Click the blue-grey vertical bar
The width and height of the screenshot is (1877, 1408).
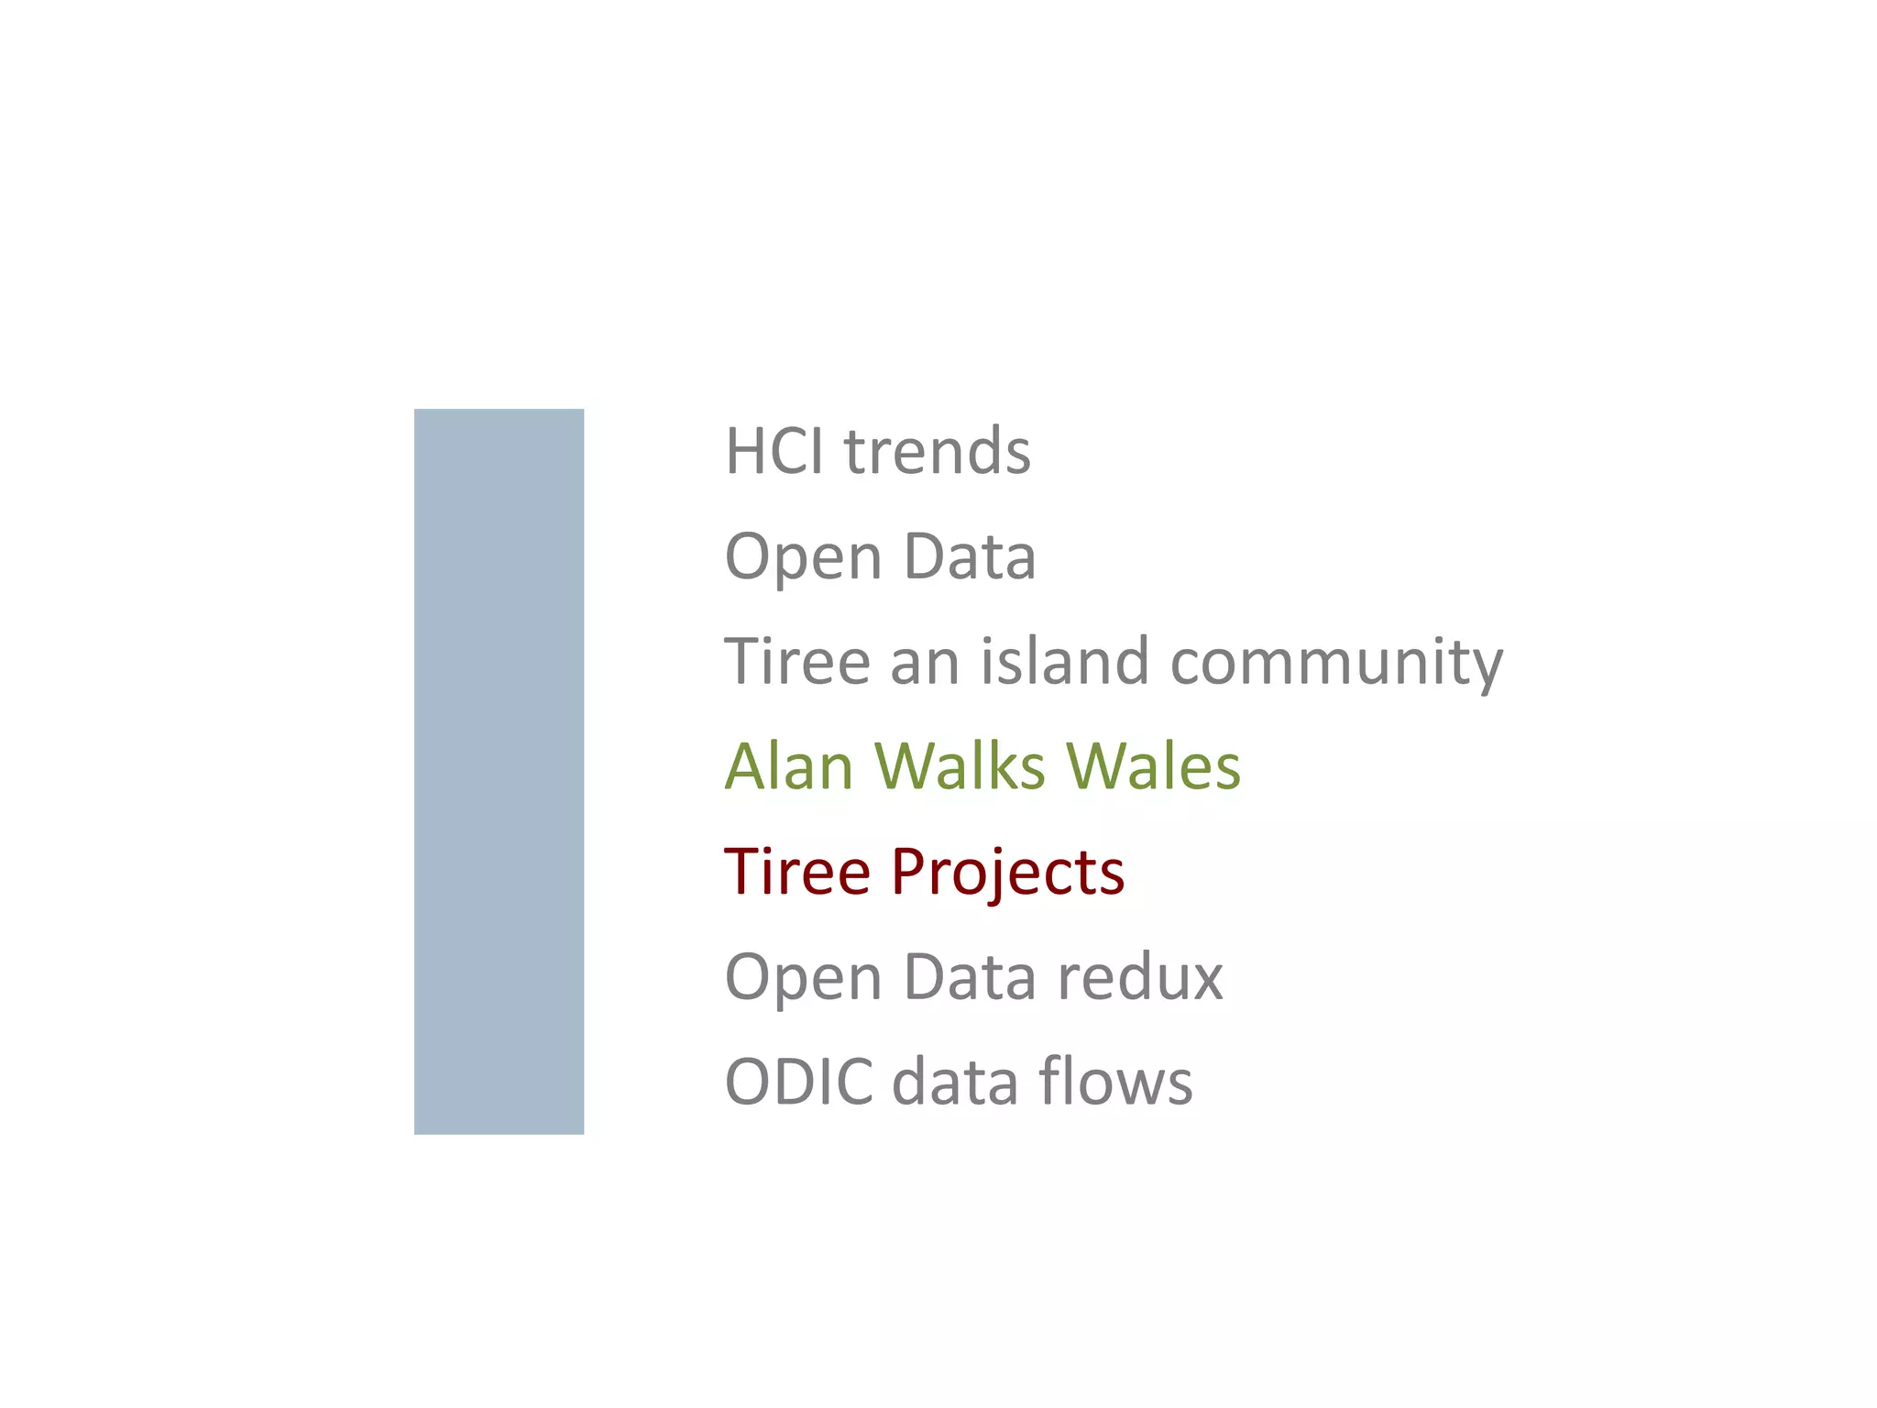pos(499,771)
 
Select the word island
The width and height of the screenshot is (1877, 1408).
pos(1064,661)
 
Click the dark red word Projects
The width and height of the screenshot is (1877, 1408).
pos(1007,873)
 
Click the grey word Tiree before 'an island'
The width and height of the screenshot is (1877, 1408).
pos(796,661)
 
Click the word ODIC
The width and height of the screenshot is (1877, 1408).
pos(798,1082)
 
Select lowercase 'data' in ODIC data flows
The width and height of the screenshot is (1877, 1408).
pos(954,1082)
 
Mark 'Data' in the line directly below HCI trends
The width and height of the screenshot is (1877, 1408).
pos(970,556)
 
